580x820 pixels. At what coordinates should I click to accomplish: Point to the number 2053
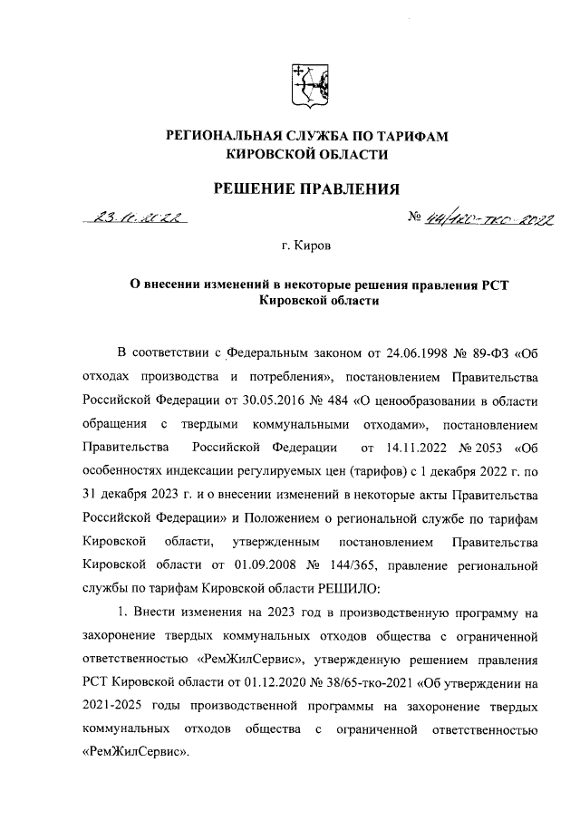click(483, 447)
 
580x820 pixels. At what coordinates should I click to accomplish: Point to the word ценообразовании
click(423, 400)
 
